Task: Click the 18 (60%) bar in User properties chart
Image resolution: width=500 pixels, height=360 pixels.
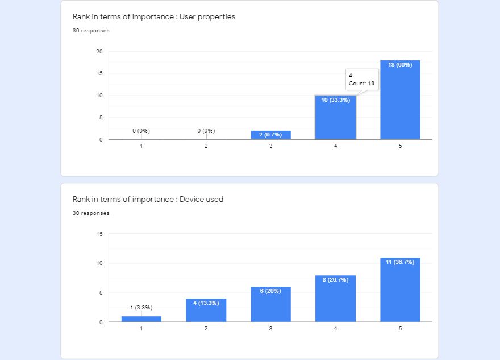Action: click(400, 100)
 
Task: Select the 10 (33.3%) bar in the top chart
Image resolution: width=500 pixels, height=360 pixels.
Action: click(335, 117)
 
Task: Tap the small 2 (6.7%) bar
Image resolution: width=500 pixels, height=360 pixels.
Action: click(270, 135)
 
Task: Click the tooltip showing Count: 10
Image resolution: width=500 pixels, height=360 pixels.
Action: click(361, 80)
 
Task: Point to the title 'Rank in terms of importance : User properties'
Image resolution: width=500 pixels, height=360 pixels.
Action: click(153, 16)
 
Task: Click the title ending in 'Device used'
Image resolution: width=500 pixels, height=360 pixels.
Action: click(148, 199)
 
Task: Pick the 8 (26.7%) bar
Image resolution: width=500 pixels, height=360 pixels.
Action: click(335, 299)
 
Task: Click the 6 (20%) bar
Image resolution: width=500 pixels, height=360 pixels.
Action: click(270, 304)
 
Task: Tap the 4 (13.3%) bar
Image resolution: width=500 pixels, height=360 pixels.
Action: click(206, 311)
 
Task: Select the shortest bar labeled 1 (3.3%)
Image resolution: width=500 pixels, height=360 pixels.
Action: click(141, 319)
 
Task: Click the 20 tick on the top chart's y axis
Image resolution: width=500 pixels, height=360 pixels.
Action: click(99, 52)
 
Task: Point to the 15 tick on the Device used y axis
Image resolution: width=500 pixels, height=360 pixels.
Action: click(99, 234)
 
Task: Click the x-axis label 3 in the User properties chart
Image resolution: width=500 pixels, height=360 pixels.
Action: click(270, 147)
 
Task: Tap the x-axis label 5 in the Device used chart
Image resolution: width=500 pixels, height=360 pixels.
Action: click(400, 329)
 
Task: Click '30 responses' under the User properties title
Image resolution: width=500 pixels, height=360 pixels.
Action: click(91, 31)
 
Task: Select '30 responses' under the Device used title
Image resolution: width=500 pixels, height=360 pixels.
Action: click(91, 213)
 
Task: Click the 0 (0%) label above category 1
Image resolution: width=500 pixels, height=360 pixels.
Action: click(141, 131)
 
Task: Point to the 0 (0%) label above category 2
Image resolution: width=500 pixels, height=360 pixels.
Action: click(206, 131)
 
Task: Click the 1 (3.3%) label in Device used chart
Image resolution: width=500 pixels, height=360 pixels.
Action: click(141, 308)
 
